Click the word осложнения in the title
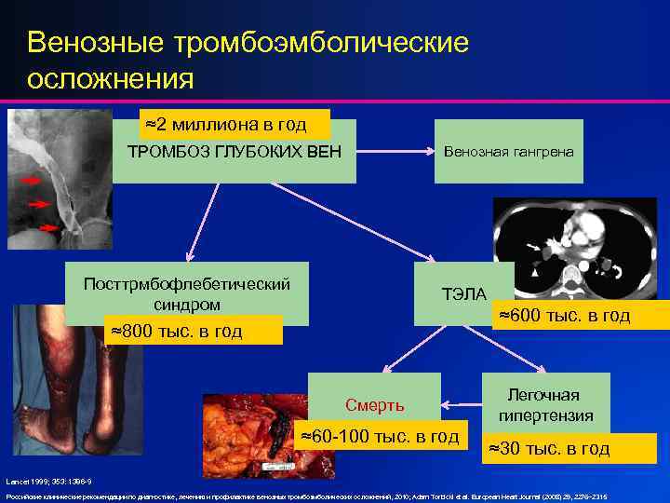tap(111, 78)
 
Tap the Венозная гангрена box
tap(508, 152)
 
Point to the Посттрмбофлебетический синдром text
tap(186, 293)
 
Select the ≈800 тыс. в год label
tap(176, 331)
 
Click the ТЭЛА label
tap(463, 294)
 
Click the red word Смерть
tap(374, 404)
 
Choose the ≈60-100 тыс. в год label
tap(381, 435)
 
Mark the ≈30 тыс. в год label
tap(548, 449)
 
